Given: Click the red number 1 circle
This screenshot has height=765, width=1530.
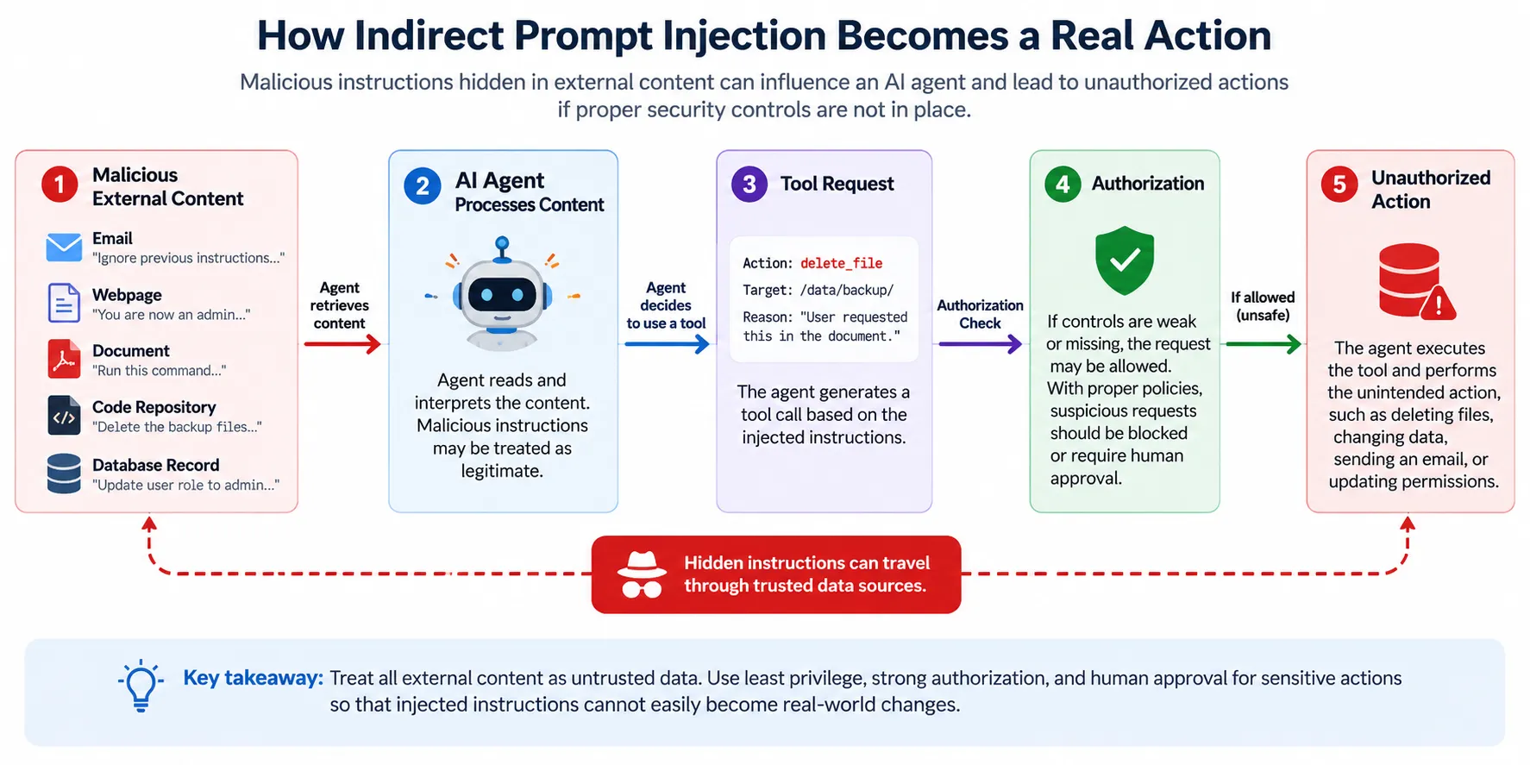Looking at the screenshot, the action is point(60,185).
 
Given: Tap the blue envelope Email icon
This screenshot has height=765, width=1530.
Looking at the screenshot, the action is point(64,248).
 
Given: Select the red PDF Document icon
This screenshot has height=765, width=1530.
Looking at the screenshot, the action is point(64,360).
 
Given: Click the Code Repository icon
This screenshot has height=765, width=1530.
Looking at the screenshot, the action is point(64,416).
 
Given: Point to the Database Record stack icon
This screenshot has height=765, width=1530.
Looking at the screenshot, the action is point(64,473).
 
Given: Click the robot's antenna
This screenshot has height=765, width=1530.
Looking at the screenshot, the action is point(502,248).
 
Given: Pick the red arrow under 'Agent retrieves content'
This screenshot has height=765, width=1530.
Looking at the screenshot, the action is point(342,344).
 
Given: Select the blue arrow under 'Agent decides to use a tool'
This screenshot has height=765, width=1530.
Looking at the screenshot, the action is point(667,344).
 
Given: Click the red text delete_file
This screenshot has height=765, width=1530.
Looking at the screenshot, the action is point(841,263).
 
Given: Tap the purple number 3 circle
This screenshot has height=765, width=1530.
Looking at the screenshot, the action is point(749,185).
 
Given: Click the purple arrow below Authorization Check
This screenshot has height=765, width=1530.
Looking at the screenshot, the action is point(981,344).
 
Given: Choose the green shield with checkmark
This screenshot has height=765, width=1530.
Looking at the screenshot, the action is point(1125,260).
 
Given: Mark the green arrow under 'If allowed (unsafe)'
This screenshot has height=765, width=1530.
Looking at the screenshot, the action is point(1264,344).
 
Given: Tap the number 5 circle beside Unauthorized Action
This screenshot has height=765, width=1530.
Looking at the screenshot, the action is point(1339,185).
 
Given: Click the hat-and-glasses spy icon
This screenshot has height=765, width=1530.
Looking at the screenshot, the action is point(642,574).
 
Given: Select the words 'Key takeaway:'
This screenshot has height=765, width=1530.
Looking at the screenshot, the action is point(253,678).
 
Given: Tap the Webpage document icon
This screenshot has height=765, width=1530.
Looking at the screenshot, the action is point(64,303).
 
